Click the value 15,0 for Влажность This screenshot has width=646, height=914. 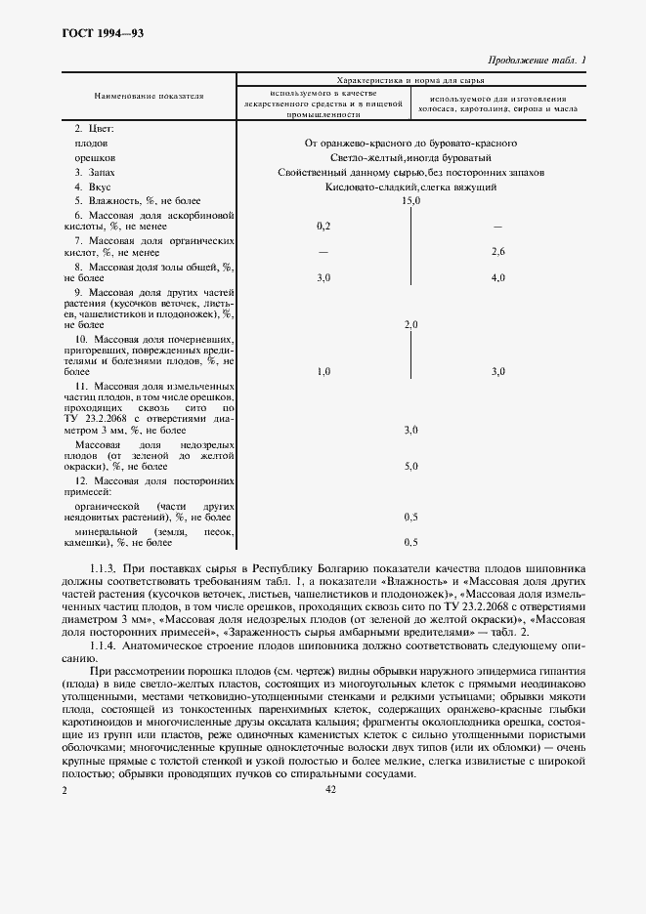coord(410,200)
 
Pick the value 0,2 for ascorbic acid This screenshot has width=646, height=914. coord(324,226)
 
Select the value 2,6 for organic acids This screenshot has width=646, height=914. coord(497,252)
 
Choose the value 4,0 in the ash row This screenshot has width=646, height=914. coord(497,278)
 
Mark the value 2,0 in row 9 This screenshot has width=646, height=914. coord(410,324)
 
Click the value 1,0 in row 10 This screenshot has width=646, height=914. coord(324,371)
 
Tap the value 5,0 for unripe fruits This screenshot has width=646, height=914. coord(410,467)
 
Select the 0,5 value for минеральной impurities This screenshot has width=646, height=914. coord(410,542)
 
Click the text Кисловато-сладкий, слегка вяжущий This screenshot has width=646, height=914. coord(410,186)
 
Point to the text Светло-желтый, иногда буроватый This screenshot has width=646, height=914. coord(410,157)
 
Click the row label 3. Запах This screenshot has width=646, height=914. coord(96,171)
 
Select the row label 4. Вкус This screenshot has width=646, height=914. coord(94,186)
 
